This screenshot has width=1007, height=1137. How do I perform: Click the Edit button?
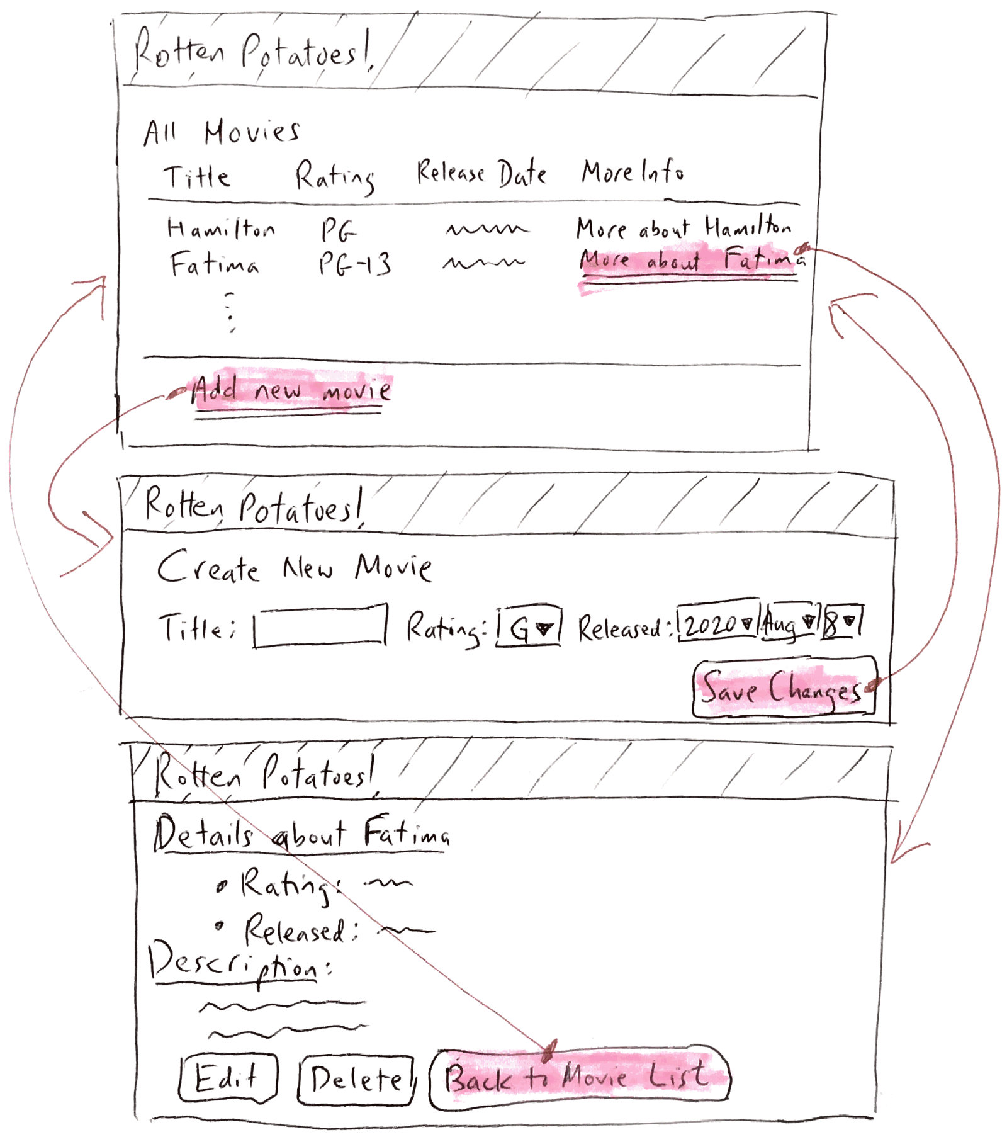[228, 1078]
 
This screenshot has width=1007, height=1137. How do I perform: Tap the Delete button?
[356, 1080]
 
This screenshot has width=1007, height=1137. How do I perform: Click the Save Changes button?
[784, 687]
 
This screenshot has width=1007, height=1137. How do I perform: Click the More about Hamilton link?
[684, 227]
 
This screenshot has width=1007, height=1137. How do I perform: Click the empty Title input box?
[320, 626]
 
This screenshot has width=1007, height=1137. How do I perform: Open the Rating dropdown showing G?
[529, 627]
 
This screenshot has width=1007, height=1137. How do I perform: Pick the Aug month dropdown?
[790, 623]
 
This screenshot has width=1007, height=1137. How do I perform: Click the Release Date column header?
[481, 173]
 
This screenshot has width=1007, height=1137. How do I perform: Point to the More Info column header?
[633, 171]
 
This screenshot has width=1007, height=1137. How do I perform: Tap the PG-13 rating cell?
[355, 264]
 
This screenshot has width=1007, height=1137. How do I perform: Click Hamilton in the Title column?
[221, 228]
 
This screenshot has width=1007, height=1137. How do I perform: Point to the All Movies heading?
[222, 132]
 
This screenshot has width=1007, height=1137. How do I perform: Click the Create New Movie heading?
[295, 567]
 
